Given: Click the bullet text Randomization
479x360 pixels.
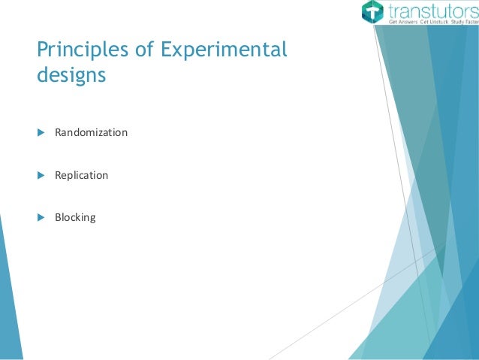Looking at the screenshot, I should click(x=91, y=133).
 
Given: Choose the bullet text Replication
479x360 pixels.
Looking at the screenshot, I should click(x=81, y=175).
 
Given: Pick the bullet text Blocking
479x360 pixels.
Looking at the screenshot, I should click(x=75, y=218).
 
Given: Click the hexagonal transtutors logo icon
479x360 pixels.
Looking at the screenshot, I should click(x=372, y=13).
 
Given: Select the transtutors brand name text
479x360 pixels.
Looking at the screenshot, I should click(x=431, y=11).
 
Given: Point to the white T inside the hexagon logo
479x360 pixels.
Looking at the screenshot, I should click(x=372, y=13).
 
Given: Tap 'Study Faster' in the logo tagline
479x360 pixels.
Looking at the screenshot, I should click(x=462, y=23).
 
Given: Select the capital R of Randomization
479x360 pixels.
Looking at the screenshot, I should click(x=58, y=133).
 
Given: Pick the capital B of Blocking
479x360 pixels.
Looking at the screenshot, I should click(x=58, y=218).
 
